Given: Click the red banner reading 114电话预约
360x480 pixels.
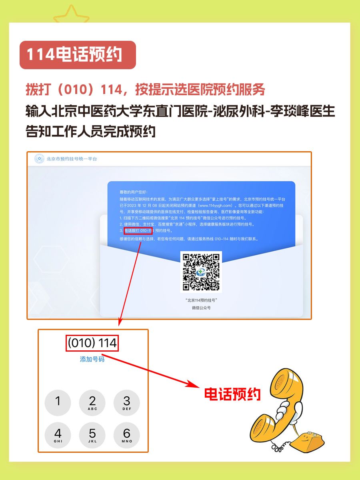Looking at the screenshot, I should [x=78, y=55].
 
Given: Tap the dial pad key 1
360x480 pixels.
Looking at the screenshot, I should [x=58, y=402].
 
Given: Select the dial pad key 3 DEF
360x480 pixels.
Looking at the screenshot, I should [x=127, y=402].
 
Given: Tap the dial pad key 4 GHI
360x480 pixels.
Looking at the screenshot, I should [x=58, y=435].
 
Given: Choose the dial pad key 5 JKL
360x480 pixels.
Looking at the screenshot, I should [x=92, y=435].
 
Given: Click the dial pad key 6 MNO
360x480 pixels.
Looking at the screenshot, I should [x=127, y=435].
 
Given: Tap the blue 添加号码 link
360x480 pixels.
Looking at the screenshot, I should [x=92, y=359].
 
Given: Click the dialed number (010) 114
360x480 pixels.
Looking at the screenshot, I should [x=92, y=343].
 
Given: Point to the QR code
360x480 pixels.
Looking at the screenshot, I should [x=201, y=272].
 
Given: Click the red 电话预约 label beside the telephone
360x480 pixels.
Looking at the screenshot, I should [x=232, y=394].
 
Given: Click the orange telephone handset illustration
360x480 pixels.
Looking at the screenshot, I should [x=276, y=404].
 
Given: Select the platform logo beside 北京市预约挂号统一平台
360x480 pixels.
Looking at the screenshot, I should [x=39, y=159].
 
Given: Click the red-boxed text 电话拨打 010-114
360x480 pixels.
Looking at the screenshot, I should [x=138, y=231].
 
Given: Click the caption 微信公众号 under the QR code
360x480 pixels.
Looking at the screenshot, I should [x=201, y=308].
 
